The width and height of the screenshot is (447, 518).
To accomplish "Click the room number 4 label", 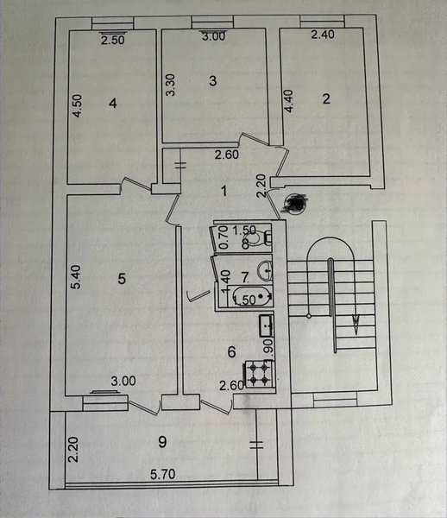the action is pyautogui.click(x=113, y=104).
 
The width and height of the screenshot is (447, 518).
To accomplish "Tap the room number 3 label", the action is pyautogui.click(x=213, y=81).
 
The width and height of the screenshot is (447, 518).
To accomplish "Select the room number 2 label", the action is pyautogui.click(x=326, y=98).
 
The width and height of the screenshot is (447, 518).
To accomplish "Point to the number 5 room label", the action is pyautogui.click(x=122, y=279).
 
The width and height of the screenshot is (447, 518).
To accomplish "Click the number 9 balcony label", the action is pyautogui.click(x=162, y=442).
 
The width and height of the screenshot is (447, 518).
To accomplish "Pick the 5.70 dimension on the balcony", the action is pyautogui.click(x=163, y=474).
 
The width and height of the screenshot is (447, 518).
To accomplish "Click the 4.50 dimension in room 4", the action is pyautogui.click(x=78, y=105).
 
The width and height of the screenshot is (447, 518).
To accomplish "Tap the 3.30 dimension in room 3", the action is pyautogui.click(x=170, y=85).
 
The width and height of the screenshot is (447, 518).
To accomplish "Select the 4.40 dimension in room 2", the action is pyautogui.click(x=288, y=101).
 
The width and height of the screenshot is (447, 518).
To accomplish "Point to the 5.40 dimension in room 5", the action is pyautogui.click(x=76, y=277).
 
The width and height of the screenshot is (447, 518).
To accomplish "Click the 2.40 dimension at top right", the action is pyautogui.click(x=323, y=35).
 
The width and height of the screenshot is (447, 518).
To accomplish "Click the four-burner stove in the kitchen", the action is pyautogui.click(x=259, y=375).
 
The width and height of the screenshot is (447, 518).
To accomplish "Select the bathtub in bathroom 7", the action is pyautogui.click(x=252, y=296).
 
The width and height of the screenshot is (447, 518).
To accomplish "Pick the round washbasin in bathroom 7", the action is pyautogui.click(x=265, y=270).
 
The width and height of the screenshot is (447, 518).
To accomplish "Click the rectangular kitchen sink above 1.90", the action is pyautogui.click(x=266, y=325).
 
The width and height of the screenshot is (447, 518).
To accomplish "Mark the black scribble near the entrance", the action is pyautogui.click(x=295, y=203).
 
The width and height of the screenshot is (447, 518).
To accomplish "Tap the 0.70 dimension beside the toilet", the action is pyautogui.click(x=223, y=237).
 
